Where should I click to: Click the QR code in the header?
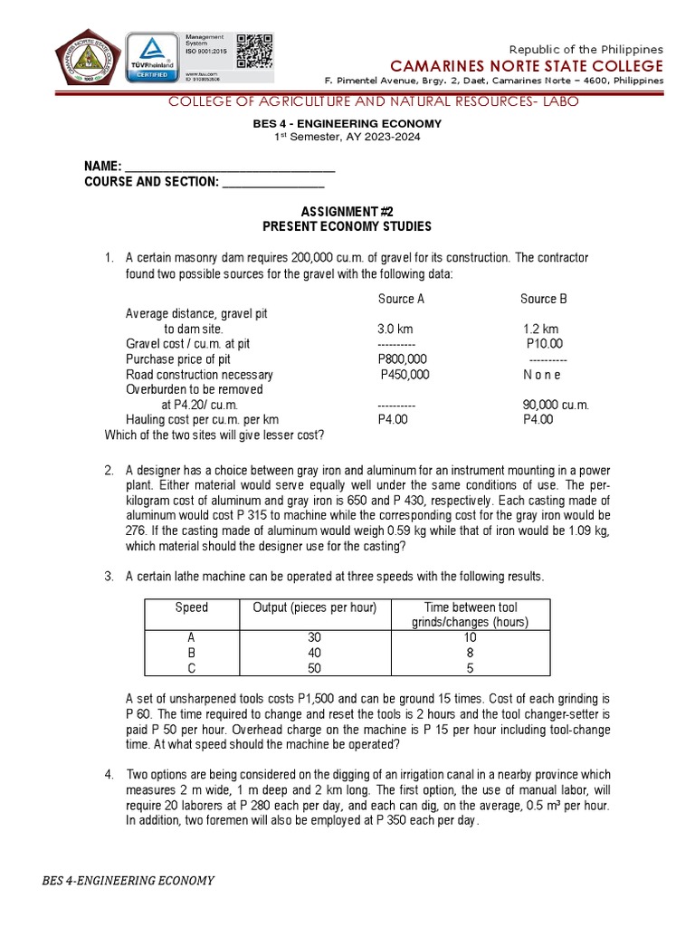coord(254,52)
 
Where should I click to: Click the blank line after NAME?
coord(228,167)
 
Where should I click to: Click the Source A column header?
coord(401,299)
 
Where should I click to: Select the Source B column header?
coord(544,299)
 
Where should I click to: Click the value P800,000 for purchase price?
coord(402,359)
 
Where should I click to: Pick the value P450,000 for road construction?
coord(405,375)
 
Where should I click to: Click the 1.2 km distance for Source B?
coord(541,330)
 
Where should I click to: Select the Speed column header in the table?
coord(191,607)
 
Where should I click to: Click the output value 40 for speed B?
coord(315,653)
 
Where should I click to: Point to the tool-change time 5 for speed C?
coord(471,668)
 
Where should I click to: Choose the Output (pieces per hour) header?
coord(315,607)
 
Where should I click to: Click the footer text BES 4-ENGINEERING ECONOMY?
coord(129,881)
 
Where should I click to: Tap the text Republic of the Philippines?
coord(586,49)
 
